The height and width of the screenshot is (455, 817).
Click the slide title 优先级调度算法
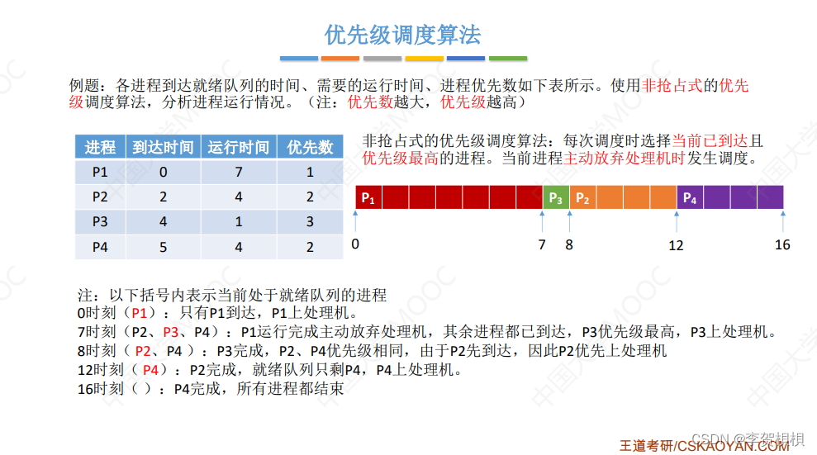403,35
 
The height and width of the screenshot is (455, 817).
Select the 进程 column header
100,147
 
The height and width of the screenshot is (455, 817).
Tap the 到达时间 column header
163,147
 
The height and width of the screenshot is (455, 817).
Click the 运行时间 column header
238,147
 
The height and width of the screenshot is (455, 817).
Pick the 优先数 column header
310,147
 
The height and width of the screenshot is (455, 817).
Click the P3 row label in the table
100,221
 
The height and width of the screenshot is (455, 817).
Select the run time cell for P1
238,172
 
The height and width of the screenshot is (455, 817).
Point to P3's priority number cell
310,221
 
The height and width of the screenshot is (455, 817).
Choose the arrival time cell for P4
163,246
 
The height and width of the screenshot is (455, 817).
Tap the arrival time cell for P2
163,197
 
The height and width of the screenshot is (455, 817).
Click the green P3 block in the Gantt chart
556,198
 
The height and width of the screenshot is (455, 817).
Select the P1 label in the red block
368,198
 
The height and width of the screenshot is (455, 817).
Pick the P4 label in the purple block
690,198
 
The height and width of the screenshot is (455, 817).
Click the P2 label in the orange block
582,198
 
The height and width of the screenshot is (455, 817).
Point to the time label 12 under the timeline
676,244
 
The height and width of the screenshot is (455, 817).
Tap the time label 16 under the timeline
782,244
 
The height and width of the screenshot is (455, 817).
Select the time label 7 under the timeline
542,244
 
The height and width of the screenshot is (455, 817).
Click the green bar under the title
507,59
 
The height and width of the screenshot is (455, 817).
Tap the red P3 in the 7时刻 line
172,332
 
